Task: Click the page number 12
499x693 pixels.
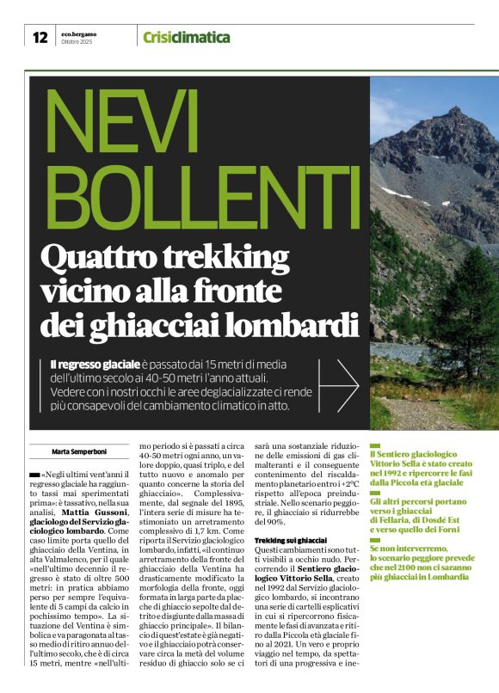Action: pos(40,37)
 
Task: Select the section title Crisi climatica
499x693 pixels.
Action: pos(186,37)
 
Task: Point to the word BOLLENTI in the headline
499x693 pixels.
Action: pos(192,199)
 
